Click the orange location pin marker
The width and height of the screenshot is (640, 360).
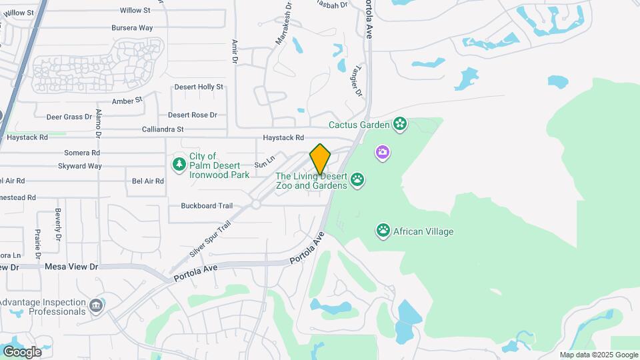click(320, 159)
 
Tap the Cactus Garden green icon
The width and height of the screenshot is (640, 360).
click(399, 124)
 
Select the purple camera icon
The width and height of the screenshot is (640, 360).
click(383, 153)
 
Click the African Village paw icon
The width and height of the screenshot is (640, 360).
click(383, 231)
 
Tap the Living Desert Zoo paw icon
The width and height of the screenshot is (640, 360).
click(358, 179)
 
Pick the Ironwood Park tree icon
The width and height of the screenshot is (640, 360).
click(179, 163)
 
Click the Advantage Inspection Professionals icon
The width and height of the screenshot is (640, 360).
click(97, 306)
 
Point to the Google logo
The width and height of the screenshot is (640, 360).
click(22, 351)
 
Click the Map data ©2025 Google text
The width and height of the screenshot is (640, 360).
click(599, 355)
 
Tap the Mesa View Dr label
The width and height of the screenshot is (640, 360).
click(71, 266)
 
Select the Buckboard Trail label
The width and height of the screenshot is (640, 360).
click(207, 205)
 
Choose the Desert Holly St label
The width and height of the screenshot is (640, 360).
click(199, 87)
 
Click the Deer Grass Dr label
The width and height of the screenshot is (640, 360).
click(69, 117)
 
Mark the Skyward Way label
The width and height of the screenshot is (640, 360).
click(80, 166)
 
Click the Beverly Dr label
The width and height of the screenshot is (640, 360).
click(58, 225)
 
